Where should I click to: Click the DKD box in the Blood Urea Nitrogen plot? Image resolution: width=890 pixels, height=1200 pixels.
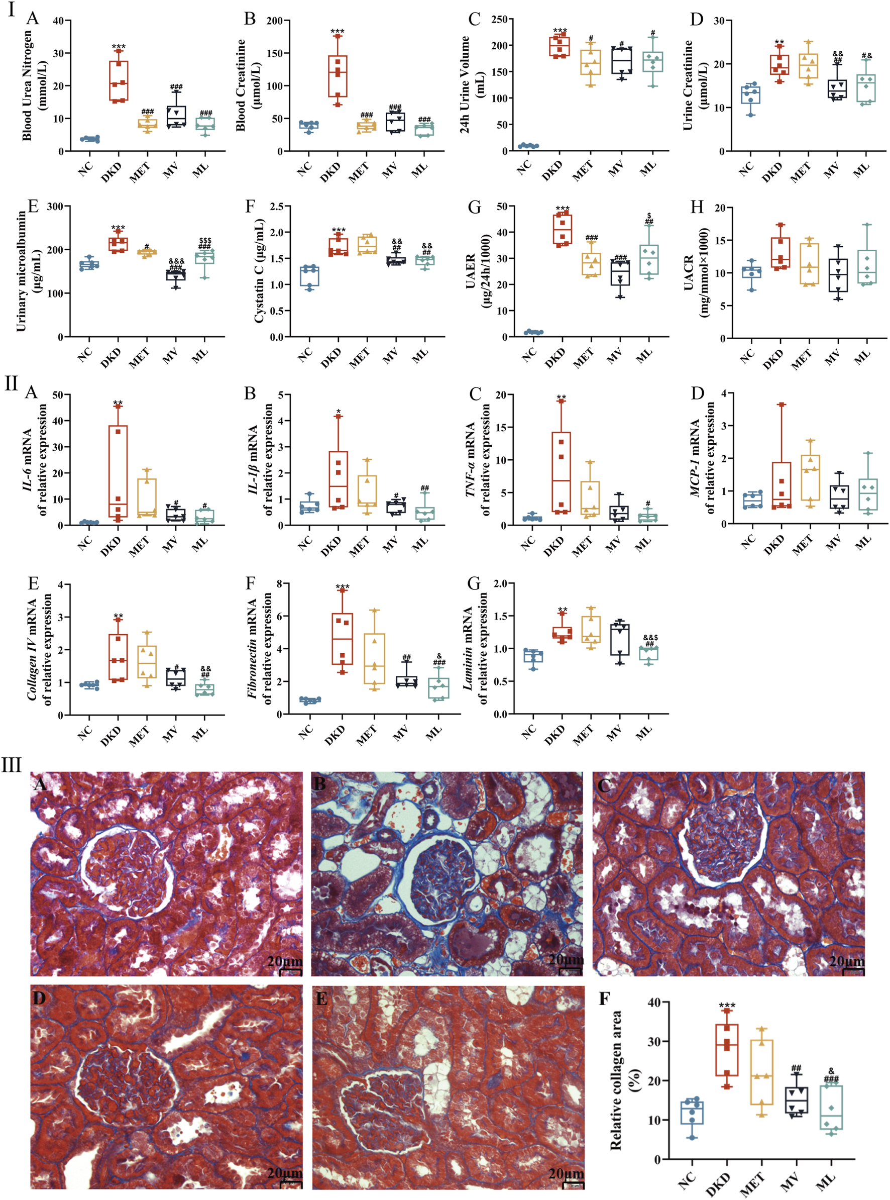[119, 81]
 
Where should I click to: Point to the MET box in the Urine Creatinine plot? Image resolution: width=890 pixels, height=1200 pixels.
[807, 66]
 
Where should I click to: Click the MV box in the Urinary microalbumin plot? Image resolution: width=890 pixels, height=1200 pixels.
[176, 275]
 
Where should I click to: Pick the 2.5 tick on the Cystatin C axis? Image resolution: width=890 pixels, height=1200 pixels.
[277, 207]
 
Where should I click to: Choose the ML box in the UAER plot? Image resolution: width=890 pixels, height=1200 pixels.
[650, 259]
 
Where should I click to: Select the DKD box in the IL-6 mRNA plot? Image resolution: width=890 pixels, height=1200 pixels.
[118, 472]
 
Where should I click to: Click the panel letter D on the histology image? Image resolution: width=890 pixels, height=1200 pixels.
[39, 998]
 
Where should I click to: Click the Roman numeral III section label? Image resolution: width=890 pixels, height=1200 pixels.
[12, 764]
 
